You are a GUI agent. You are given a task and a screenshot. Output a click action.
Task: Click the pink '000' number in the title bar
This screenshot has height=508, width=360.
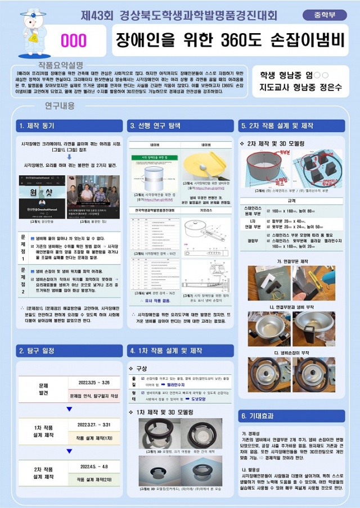pyautogui.click(x=73, y=41)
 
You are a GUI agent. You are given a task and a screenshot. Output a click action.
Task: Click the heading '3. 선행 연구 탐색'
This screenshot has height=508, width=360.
pyautogui.click(x=155, y=125)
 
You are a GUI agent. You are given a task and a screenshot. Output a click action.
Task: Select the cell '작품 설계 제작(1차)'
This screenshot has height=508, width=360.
pyautogui.click(x=94, y=438)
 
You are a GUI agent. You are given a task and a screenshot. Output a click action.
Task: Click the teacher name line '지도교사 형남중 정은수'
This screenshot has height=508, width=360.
pyautogui.click(x=300, y=88)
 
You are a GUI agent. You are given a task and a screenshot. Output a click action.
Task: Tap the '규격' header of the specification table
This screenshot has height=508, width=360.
pyautogui.click(x=291, y=200)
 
